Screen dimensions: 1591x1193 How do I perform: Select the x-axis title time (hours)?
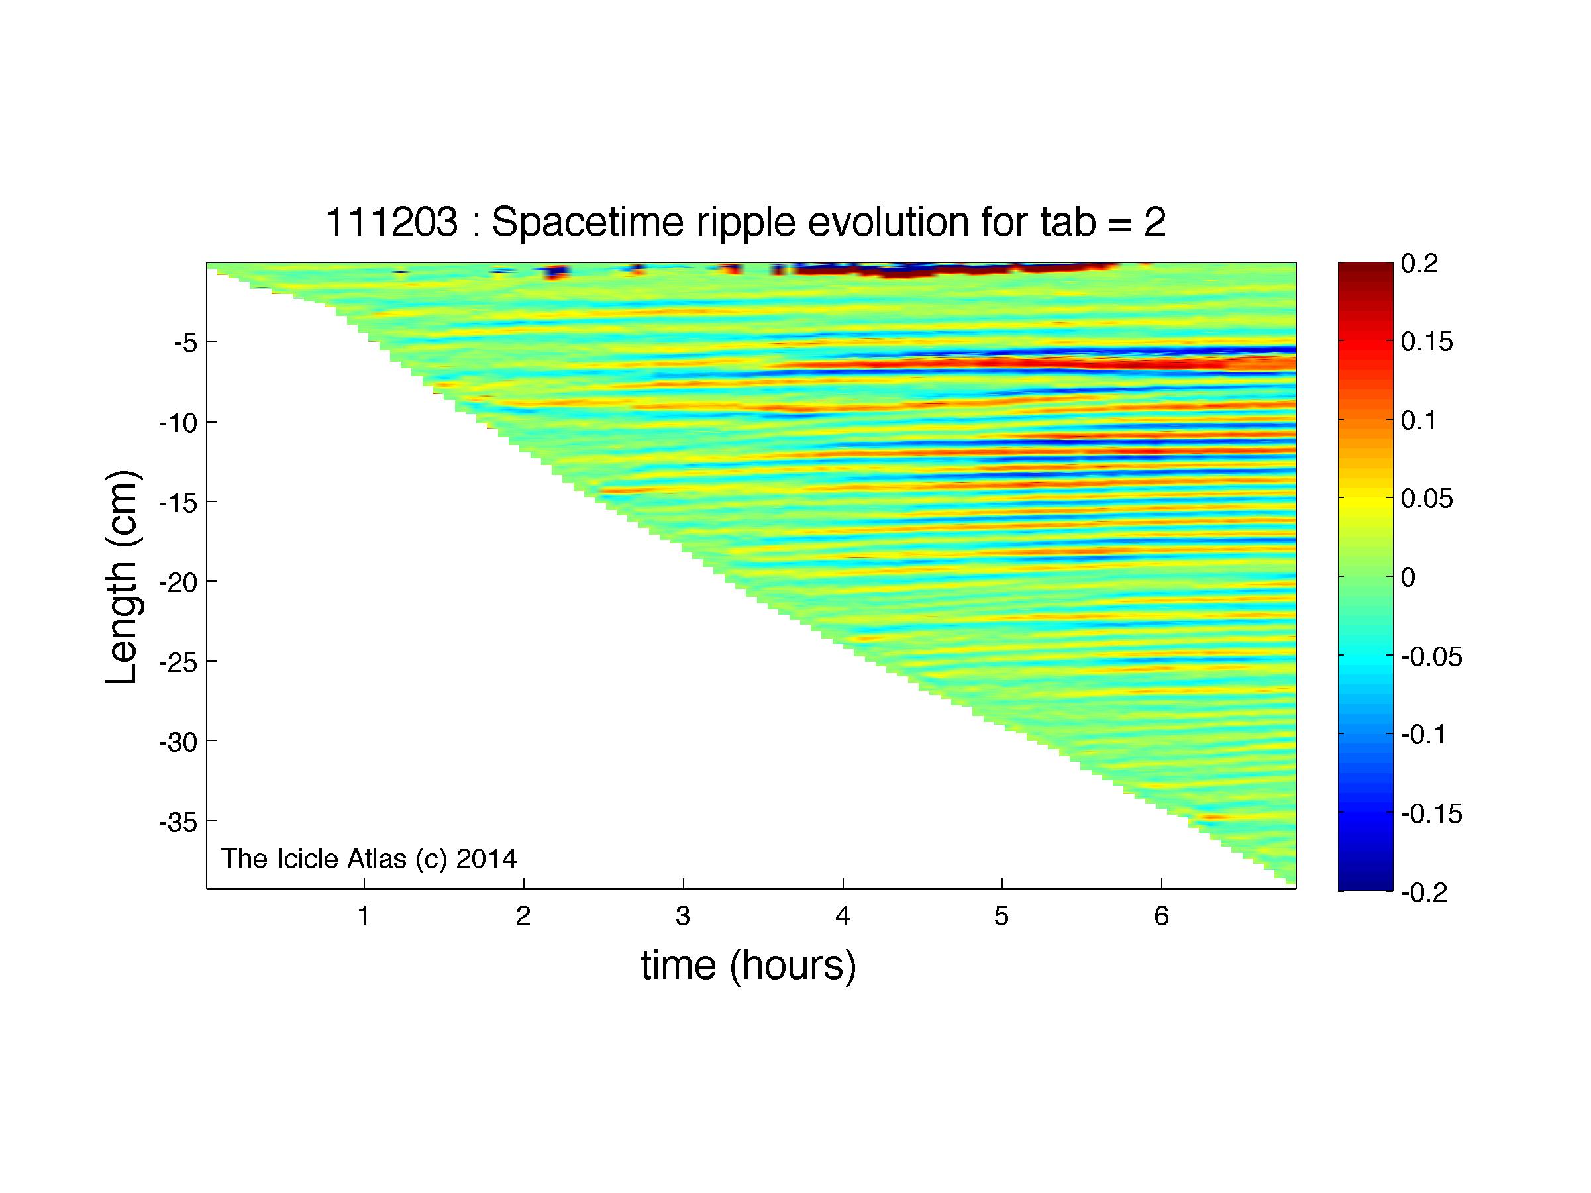[748, 964]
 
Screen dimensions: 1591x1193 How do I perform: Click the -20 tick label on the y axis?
[178, 581]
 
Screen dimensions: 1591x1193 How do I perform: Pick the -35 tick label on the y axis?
[178, 821]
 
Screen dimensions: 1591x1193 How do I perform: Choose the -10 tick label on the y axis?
[178, 422]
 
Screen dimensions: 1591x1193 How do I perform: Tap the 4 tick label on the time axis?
[843, 915]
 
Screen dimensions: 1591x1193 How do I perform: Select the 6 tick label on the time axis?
[1161, 915]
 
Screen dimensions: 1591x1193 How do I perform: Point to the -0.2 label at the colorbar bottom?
[1425, 892]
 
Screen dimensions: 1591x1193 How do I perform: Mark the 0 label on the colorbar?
[1408, 578]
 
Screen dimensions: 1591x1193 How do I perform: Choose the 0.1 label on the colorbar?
[1419, 421]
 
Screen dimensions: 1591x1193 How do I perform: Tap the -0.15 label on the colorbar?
[1432, 814]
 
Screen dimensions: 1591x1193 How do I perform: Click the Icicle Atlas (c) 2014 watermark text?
[369, 858]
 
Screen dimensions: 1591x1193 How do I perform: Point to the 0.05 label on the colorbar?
[1427, 499]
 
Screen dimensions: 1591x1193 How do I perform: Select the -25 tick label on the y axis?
[178, 662]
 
